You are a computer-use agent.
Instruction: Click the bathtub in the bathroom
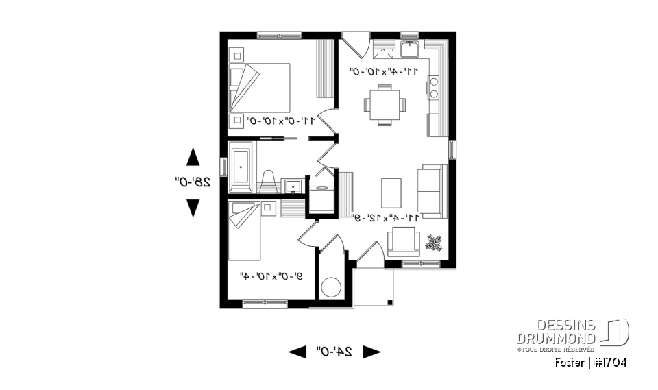(x=241, y=168)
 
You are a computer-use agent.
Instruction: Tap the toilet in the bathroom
(x=269, y=182)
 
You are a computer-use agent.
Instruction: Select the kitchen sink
(x=411, y=49)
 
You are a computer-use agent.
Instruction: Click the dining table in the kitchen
(x=385, y=105)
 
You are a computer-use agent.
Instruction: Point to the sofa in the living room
(x=432, y=191)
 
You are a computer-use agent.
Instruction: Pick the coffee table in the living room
(x=390, y=191)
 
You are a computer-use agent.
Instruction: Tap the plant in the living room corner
(x=434, y=242)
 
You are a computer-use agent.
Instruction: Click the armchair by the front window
(x=403, y=241)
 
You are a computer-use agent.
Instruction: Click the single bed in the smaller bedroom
(x=245, y=233)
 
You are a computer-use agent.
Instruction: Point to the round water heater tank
(x=332, y=287)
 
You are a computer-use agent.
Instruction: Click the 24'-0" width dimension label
(x=334, y=352)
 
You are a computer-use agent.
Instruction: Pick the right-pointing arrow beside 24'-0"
(x=371, y=352)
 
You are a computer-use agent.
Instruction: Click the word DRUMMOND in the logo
(x=557, y=338)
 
